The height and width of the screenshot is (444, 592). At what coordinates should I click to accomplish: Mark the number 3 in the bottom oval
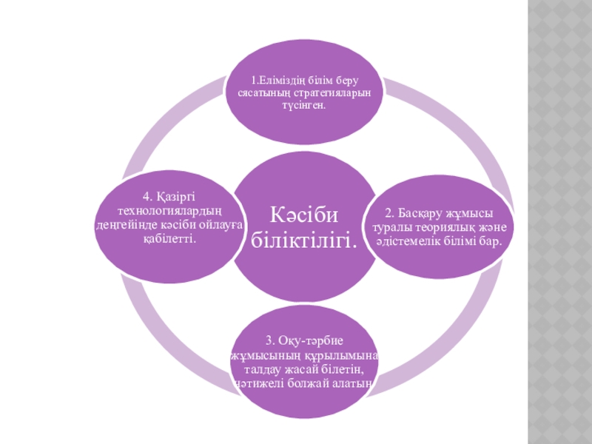269,342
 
